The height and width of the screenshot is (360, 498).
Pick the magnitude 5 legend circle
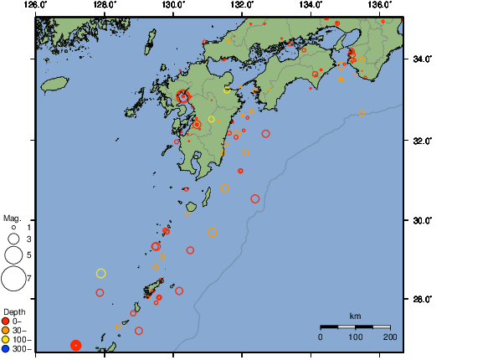point(13,255)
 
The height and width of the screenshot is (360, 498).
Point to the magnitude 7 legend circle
point(13,276)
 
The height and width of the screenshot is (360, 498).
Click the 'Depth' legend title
point(14,311)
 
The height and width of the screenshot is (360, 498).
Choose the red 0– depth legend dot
point(6,321)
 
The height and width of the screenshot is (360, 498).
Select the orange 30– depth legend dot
point(6,330)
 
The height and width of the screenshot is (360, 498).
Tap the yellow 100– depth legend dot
point(6,339)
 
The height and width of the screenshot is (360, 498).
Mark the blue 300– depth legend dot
point(6,348)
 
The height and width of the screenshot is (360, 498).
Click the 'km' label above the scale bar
point(355,316)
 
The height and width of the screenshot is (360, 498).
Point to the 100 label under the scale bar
point(355,337)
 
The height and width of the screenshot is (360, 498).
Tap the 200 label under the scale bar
point(389,337)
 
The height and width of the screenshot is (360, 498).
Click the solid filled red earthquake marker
point(75,345)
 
